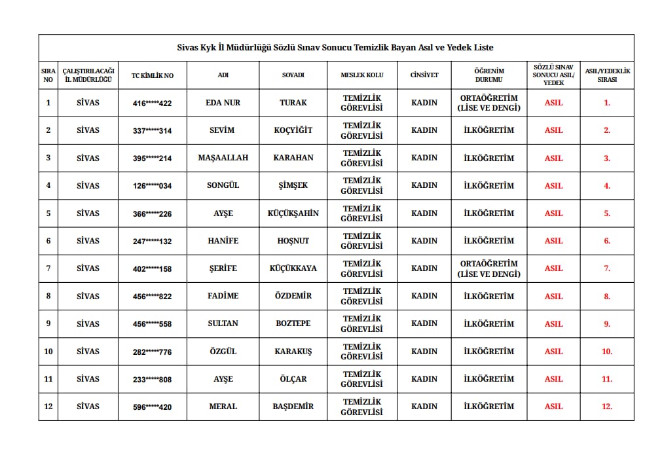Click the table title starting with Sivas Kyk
(x=335, y=48)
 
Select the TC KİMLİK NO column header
(x=153, y=75)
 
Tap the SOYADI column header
(x=293, y=75)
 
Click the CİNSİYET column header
(x=424, y=75)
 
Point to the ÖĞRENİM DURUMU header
(x=489, y=75)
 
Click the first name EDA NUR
(x=223, y=103)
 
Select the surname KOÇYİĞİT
(x=293, y=130)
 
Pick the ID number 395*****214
(x=153, y=158)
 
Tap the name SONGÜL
(x=223, y=185)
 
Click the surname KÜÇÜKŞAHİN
(x=293, y=213)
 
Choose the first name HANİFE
(x=223, y=241)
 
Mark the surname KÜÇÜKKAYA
(x=293, y=268)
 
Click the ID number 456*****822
(x=153, y=297)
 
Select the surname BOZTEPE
(x=293, y=323)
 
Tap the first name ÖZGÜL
(x=223, y=352)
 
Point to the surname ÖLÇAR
(x=293, y=379)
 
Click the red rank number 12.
(x=607, y=407)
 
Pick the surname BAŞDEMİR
(x=293, y=407)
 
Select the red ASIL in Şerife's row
(x=553, y=268)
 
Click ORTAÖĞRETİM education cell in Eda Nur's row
(x=489, y=103)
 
